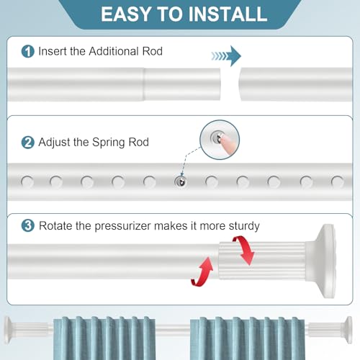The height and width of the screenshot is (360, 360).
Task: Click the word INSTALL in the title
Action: tap(228, 14)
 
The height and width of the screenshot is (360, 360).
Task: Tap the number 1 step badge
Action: tap(27, 51)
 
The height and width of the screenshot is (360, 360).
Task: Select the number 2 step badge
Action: tap(27, 143)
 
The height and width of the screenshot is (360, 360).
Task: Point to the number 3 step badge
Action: tap(27, 225)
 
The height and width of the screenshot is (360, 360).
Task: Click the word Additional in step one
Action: tap(114, 51)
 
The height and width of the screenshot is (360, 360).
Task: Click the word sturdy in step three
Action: tap(244, 226)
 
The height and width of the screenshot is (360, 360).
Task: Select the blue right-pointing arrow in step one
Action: tap(226, 56)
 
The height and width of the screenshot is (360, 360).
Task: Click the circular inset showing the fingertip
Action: tap(220, 140)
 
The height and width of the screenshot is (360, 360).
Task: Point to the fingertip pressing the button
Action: tap(227, 144)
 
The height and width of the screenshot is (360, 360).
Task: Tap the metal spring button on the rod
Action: tap(181, 181)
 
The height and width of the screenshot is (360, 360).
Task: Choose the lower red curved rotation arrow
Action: tap(203, 272)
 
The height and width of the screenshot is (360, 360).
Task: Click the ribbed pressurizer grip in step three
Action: tap(262, 261)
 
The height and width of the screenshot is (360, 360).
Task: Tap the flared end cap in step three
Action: tap(321, 261)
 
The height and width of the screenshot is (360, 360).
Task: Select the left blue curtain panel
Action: tap(104, 338)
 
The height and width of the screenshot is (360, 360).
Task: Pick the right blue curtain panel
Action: tap(247, 338)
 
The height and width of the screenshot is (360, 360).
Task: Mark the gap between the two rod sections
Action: tap(230, 84)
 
